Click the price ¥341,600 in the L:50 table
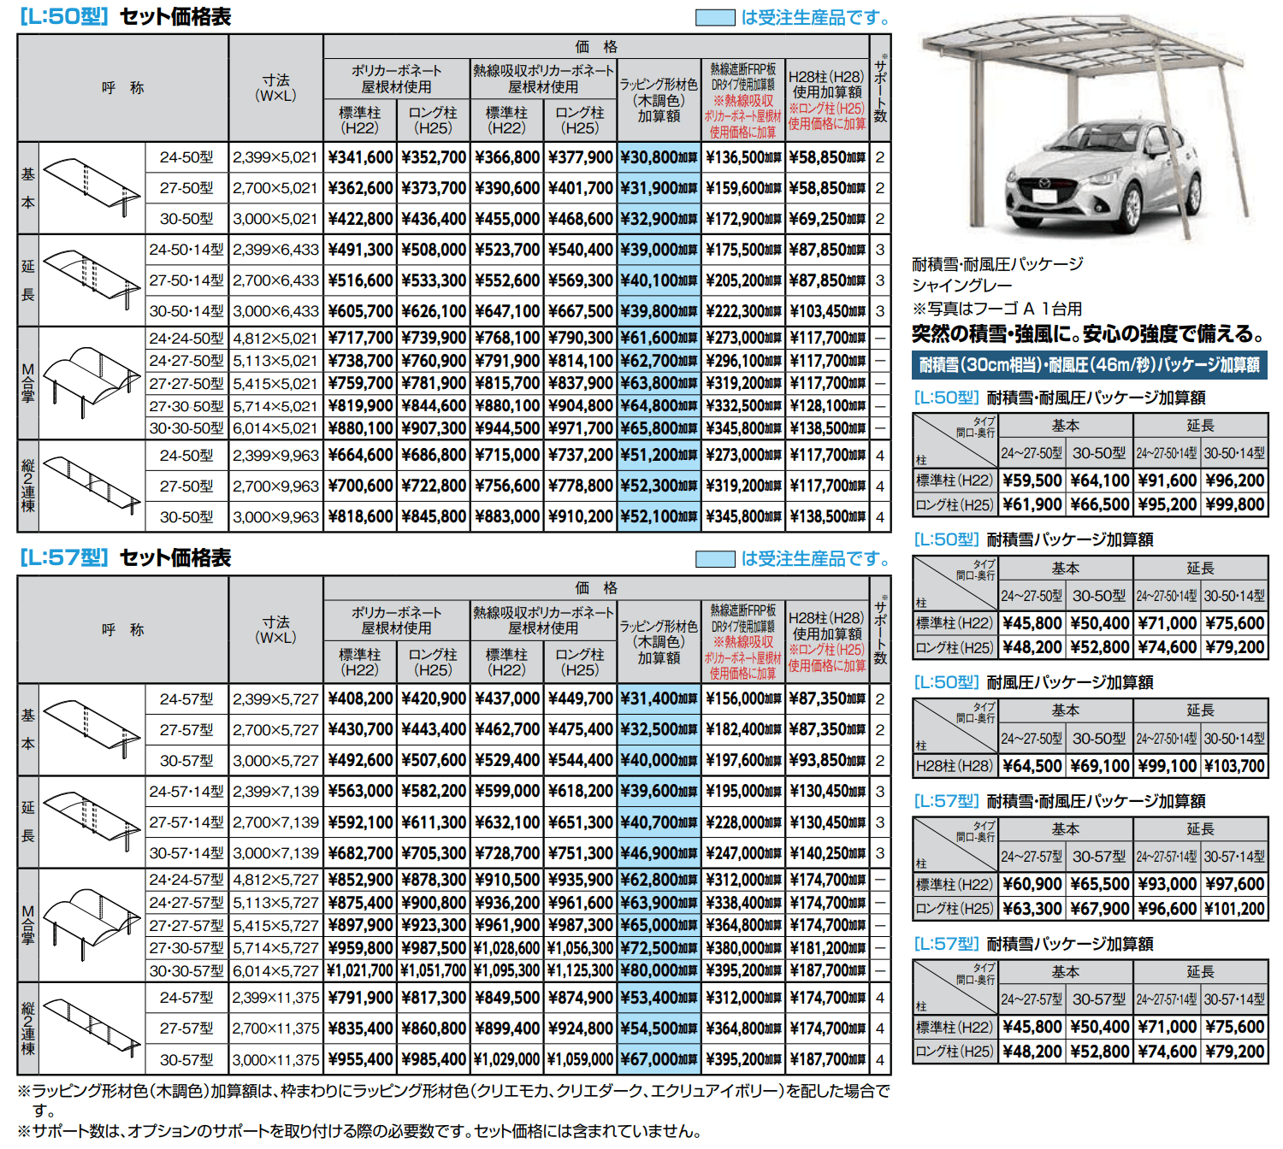pos(360,157)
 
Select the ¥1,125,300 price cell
pos(580,970)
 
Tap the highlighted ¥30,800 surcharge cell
pos(659,157)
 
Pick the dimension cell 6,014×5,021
pos(275,428)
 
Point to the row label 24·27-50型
pos(186,361)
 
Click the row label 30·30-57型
pos(186,970)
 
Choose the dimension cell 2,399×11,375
pos(275,998)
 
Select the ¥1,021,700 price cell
pos(360,970)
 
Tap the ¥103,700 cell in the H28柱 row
pos(1234,766)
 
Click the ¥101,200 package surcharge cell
pos(1234,909)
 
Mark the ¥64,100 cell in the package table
pos(1100,480)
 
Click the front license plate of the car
pos(1044,197)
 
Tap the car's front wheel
pos(1132,213)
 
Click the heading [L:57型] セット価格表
pos(125,558)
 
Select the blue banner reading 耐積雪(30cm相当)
pos(1090,365)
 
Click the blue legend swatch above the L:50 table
pos(715,17)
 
